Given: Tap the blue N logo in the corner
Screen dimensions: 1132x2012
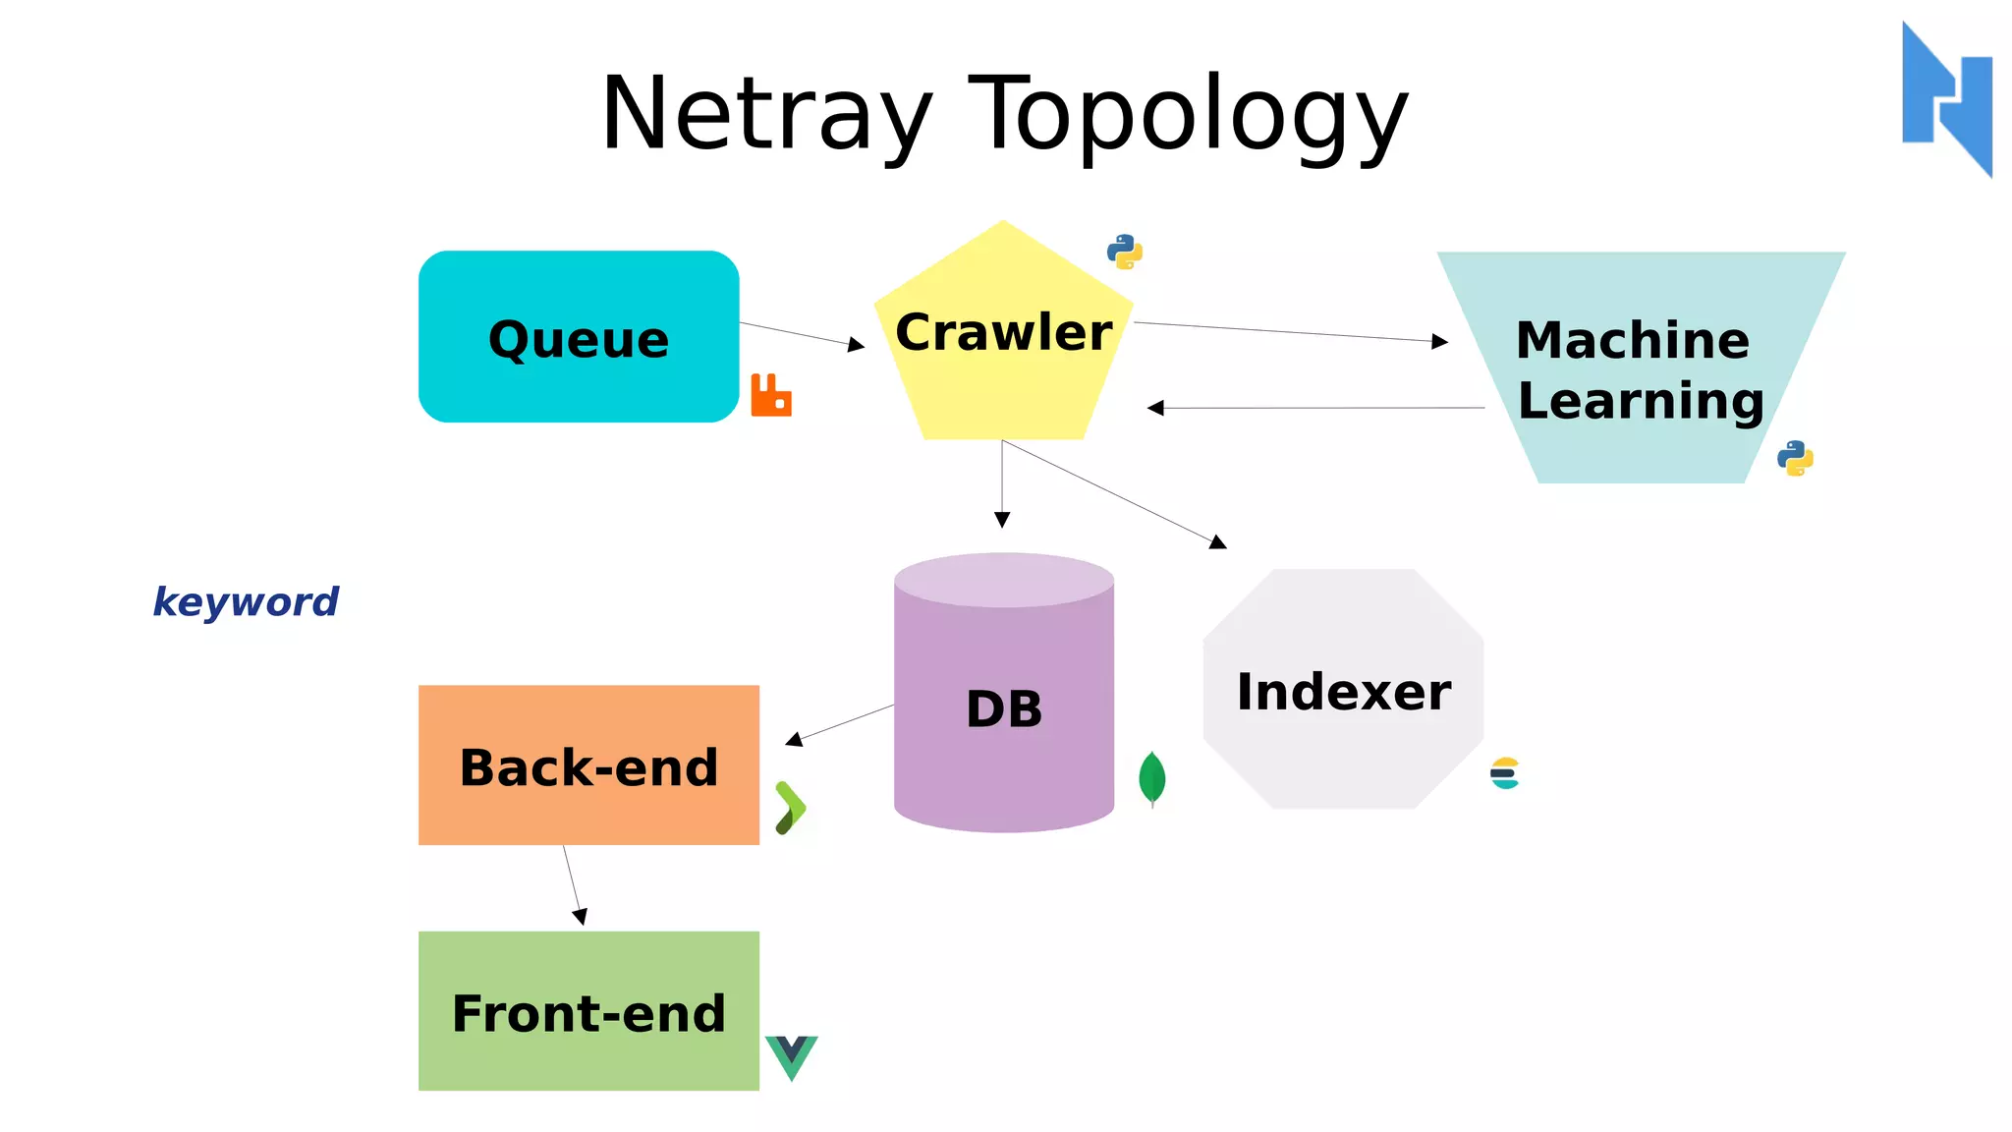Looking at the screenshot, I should (x=1947, y=98).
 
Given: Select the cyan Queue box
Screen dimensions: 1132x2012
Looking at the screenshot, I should (x=579, y=337).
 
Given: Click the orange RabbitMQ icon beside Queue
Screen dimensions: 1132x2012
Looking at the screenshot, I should (x=771, y=395).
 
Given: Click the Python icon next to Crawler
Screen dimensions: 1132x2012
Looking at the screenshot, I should (x=1125, y=252).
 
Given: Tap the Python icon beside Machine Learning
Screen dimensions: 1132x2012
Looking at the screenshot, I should (x=1795, y=458).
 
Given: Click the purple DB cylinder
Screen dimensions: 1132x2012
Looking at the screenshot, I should (x=1004, y=707).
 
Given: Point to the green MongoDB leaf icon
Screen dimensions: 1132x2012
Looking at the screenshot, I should (x=1152, y=778).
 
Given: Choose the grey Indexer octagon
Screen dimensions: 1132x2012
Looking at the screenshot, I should (x=1343, y=691).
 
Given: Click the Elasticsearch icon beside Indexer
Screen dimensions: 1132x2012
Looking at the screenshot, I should (x=1505, y=773).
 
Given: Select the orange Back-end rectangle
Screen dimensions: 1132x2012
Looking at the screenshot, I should (x=588, y=765).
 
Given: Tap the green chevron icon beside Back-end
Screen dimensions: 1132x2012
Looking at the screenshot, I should (x=790, y=808).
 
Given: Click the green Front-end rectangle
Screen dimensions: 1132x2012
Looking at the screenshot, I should (x=588, y=1011).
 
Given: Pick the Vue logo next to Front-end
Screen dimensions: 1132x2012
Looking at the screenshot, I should (x=791, y=1055).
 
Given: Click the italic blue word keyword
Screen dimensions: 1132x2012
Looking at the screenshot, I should (x=246, y=601).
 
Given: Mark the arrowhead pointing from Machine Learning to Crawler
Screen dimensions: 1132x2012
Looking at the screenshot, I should (x=1155, y=408).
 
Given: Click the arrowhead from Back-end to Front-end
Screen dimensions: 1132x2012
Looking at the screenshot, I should (x=580, y=917).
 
